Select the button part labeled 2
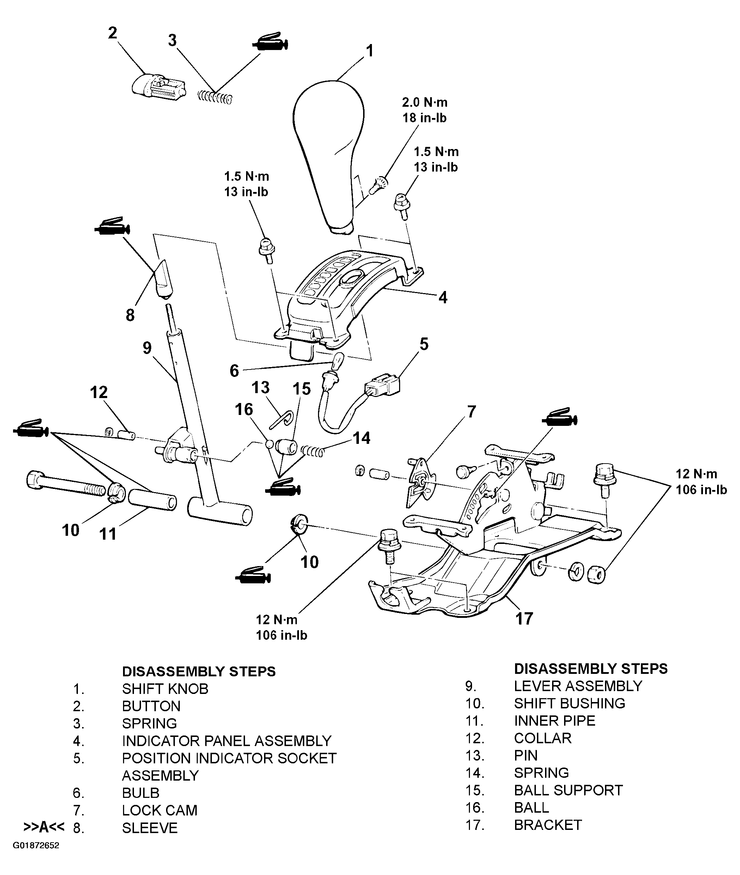tap(158, 87)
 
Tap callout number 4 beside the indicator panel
tap(442, 298)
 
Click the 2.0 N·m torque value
tap(424, 102)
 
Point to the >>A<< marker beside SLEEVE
tap(44, 827)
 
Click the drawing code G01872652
tap(36, 857)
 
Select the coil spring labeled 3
tap(214, 98)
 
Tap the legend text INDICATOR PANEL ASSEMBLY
tap(227, 741)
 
